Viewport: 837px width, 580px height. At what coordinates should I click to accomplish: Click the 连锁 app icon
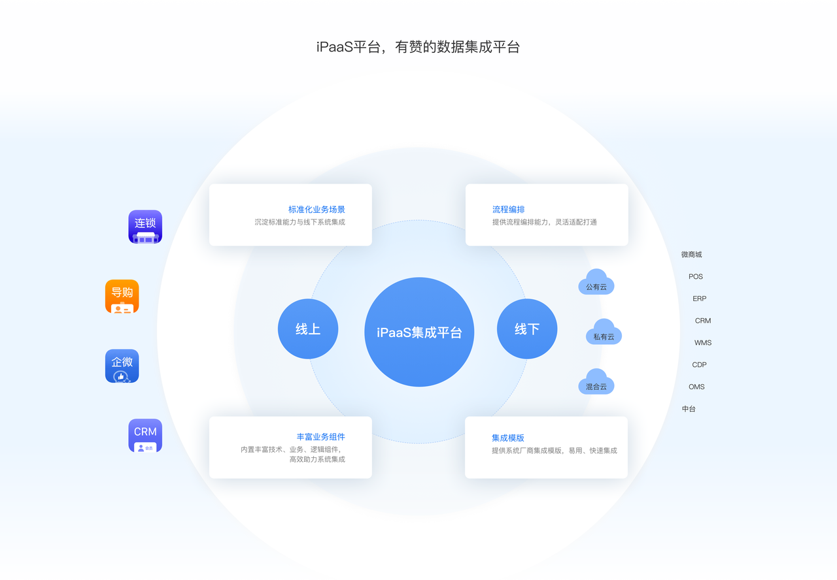point(145,227)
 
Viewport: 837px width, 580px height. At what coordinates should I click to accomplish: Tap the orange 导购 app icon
point(122,297)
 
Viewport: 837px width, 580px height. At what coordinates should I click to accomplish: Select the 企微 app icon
point(122,366)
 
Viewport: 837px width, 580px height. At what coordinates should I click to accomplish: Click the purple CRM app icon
point(145,436)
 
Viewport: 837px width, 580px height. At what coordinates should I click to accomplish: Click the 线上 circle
point(308,329)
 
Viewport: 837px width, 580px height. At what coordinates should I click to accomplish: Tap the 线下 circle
point(527,329)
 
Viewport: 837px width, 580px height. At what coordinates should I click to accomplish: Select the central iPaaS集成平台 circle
point(419,332)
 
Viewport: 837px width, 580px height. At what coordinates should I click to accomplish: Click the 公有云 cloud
point(596,282)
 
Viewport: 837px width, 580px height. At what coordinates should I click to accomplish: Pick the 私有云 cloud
point(604,332)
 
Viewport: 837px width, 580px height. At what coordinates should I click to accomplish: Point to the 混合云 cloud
point(596,381)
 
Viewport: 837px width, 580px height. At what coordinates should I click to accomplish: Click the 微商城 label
point(692,255)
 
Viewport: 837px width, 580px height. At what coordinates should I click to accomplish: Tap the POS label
point(696,276)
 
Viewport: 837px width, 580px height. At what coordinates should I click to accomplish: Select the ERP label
point(700,298)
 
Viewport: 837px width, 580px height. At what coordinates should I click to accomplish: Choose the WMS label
point(703,343)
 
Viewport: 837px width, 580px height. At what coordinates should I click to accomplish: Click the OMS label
point(696,387)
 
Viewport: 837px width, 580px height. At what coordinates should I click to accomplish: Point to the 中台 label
point(689,409)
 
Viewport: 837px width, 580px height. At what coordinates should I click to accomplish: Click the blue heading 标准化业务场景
point(316,210)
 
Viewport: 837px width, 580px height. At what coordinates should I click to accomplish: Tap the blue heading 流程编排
point(509,210)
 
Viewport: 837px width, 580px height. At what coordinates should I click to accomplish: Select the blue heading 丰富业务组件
point(320,437)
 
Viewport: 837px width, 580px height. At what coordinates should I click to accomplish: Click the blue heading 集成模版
point(508,438)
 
